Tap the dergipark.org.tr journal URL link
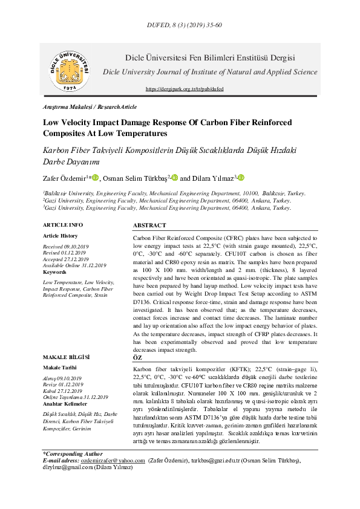point(185,89)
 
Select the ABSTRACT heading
point(149,225)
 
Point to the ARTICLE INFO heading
point(63,224)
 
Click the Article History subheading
point(61,236)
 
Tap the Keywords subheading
point(54,272)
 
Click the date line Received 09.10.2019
point(66,247)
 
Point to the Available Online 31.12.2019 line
point(74,265)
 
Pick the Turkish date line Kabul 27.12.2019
point(63,391)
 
